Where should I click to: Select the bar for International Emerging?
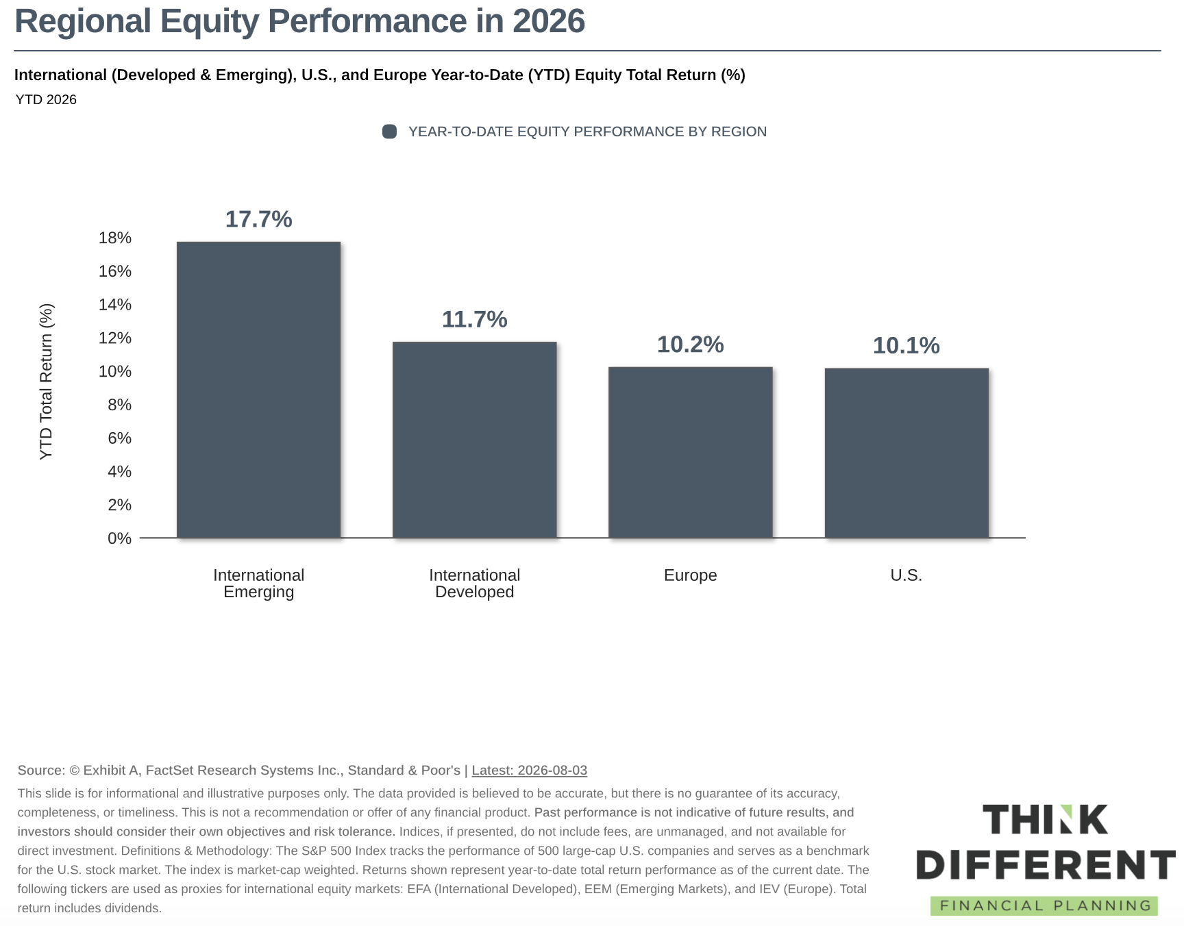click(258, 390)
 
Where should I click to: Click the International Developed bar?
click(474, 440)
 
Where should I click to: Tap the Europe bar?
click(690, 453)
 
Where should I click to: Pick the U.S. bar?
click(907, 453)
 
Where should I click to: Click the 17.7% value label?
click(258, 219)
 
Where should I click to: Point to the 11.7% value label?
click(474, 319)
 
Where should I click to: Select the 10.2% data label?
click(690, 345)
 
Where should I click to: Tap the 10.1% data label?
click(906, 345)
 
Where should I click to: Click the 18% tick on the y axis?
click(115, 238)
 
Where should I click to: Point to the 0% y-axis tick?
click(119, 538)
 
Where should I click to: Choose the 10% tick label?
click(115, 371)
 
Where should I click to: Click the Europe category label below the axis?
click(690, 575)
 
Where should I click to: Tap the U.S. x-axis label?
click(906, 575)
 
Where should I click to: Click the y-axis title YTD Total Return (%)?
click(46, 381)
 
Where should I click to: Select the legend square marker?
click(389, 132)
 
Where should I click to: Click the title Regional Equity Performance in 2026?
click(299, 21)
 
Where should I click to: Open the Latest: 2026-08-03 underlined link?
click(529, 770)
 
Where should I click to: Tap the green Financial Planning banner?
click(1044, 905)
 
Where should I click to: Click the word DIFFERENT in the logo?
click(1046, 865)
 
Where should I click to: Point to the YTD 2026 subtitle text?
click(46, 99)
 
